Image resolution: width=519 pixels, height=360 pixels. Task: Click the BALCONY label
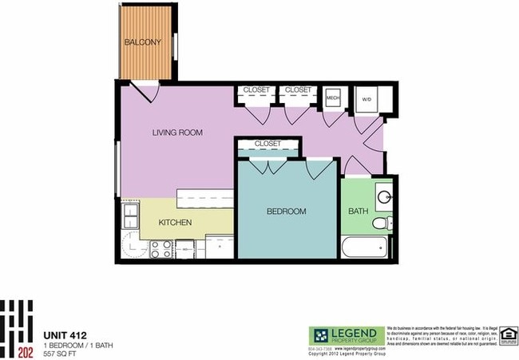coord(142,42)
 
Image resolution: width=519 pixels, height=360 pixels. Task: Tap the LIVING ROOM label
coord(177,133)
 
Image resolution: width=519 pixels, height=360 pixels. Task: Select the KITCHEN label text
coord(175,222)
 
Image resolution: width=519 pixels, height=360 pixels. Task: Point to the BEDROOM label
coord(286,212)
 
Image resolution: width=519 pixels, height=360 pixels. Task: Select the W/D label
coord(366,100)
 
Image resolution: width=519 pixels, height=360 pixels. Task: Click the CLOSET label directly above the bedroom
coord(267,144)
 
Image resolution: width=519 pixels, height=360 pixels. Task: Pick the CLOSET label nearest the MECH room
coord(298,90)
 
